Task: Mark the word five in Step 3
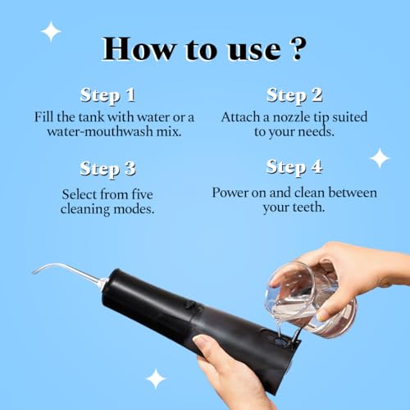(x=156, y=194)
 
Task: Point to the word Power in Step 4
(x=231, y=192)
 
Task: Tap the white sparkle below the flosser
(x=155, y=378)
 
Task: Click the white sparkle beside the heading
(x=51, y=31)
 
